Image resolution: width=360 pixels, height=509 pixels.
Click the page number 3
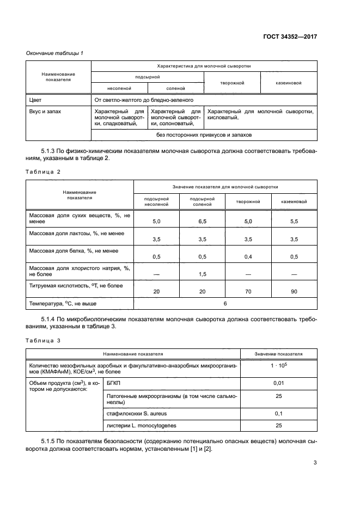pos(315,463)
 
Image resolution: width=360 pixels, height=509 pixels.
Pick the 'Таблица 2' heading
pos(43,171)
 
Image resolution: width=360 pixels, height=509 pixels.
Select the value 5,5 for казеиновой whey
pos(294,222)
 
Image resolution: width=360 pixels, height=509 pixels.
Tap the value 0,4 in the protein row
pos(248,257)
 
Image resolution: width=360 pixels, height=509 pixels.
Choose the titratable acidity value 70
pos(248,292)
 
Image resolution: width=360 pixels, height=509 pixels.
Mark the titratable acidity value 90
pos(294,292)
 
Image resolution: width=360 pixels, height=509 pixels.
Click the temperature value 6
pos(225,303)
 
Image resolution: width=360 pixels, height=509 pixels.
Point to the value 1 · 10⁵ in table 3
pos(278,367)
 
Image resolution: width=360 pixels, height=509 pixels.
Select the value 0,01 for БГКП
pos(278,384)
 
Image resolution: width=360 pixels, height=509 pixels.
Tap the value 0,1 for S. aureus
pos(278,414)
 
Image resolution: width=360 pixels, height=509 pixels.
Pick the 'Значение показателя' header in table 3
pos(278,354)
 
